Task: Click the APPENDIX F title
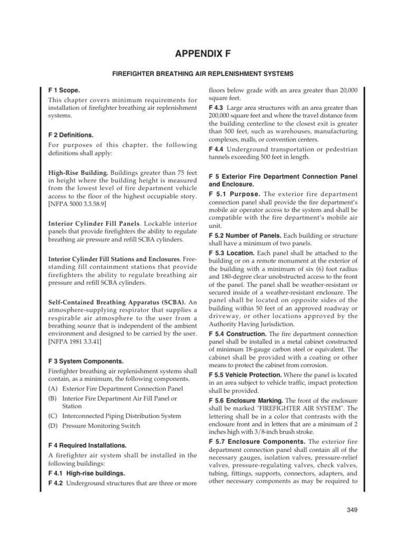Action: coord(202,53)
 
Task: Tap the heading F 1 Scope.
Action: coord(64,90)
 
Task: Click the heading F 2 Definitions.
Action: coord(71,135)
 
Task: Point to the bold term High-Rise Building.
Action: coord(78,173)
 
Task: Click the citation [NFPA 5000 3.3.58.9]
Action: coord(77,203)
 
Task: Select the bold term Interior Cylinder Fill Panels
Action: coord(88,223)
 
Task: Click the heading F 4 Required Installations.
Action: coord(87,445)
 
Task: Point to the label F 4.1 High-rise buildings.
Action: coord(83,473)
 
